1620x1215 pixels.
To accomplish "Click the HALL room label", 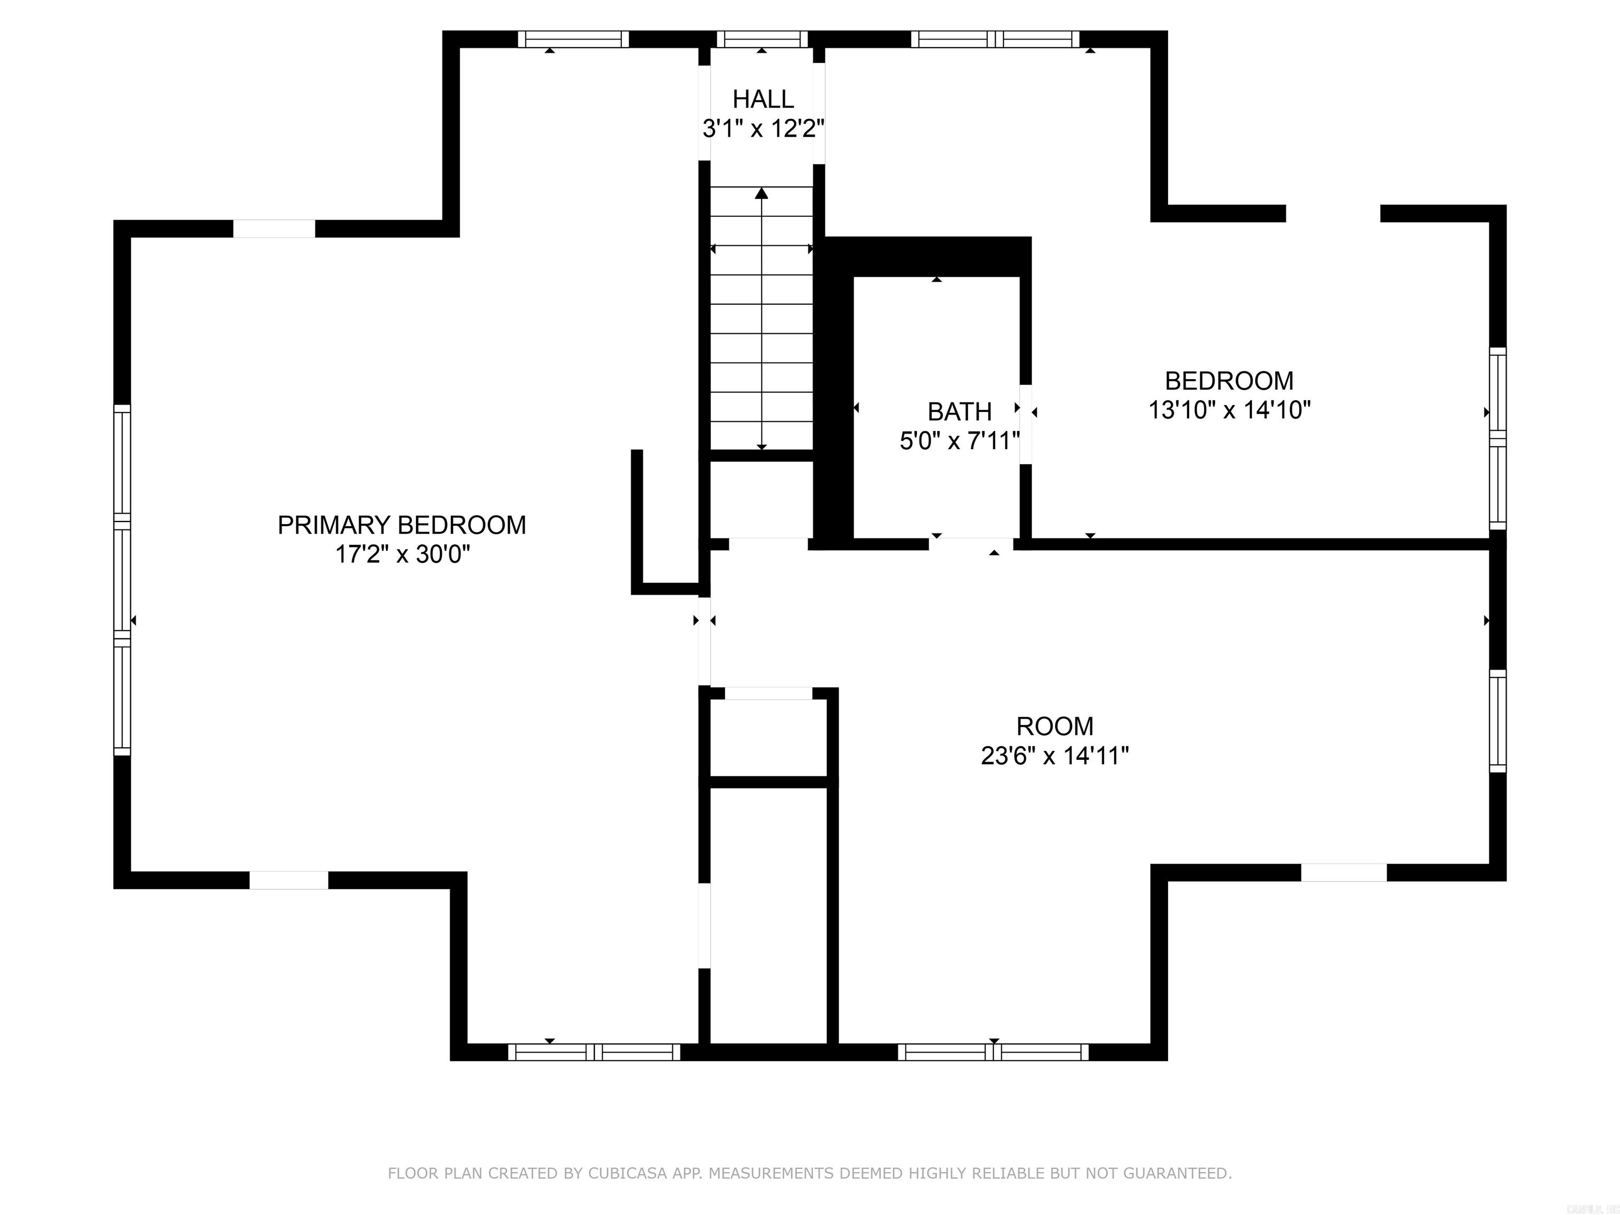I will coord(763,99).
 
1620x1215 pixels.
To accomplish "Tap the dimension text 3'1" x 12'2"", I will coord(763,129).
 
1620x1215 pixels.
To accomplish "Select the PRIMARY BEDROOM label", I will coord(401,525).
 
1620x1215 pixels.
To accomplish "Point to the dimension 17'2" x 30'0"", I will coord(401,554).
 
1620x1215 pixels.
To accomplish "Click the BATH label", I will coord(959,411).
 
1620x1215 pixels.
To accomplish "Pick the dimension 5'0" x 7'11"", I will coord(959,441).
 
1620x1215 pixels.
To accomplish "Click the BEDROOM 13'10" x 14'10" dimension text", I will coord(1229,409).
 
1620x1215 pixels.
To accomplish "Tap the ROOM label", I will coord(1055,726).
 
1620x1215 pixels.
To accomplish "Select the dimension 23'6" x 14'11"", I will coord(1055,755).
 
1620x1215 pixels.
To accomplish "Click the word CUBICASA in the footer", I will coord(628,1173).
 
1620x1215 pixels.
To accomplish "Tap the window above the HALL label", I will coord(761,39).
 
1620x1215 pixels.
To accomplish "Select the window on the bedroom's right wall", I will coord(1498,438).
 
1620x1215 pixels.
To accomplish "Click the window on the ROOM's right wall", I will coord(1498,721).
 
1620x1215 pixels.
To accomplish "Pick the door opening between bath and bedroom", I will coord(1026,424).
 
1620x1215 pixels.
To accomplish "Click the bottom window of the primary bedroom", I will coord(594,1052).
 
